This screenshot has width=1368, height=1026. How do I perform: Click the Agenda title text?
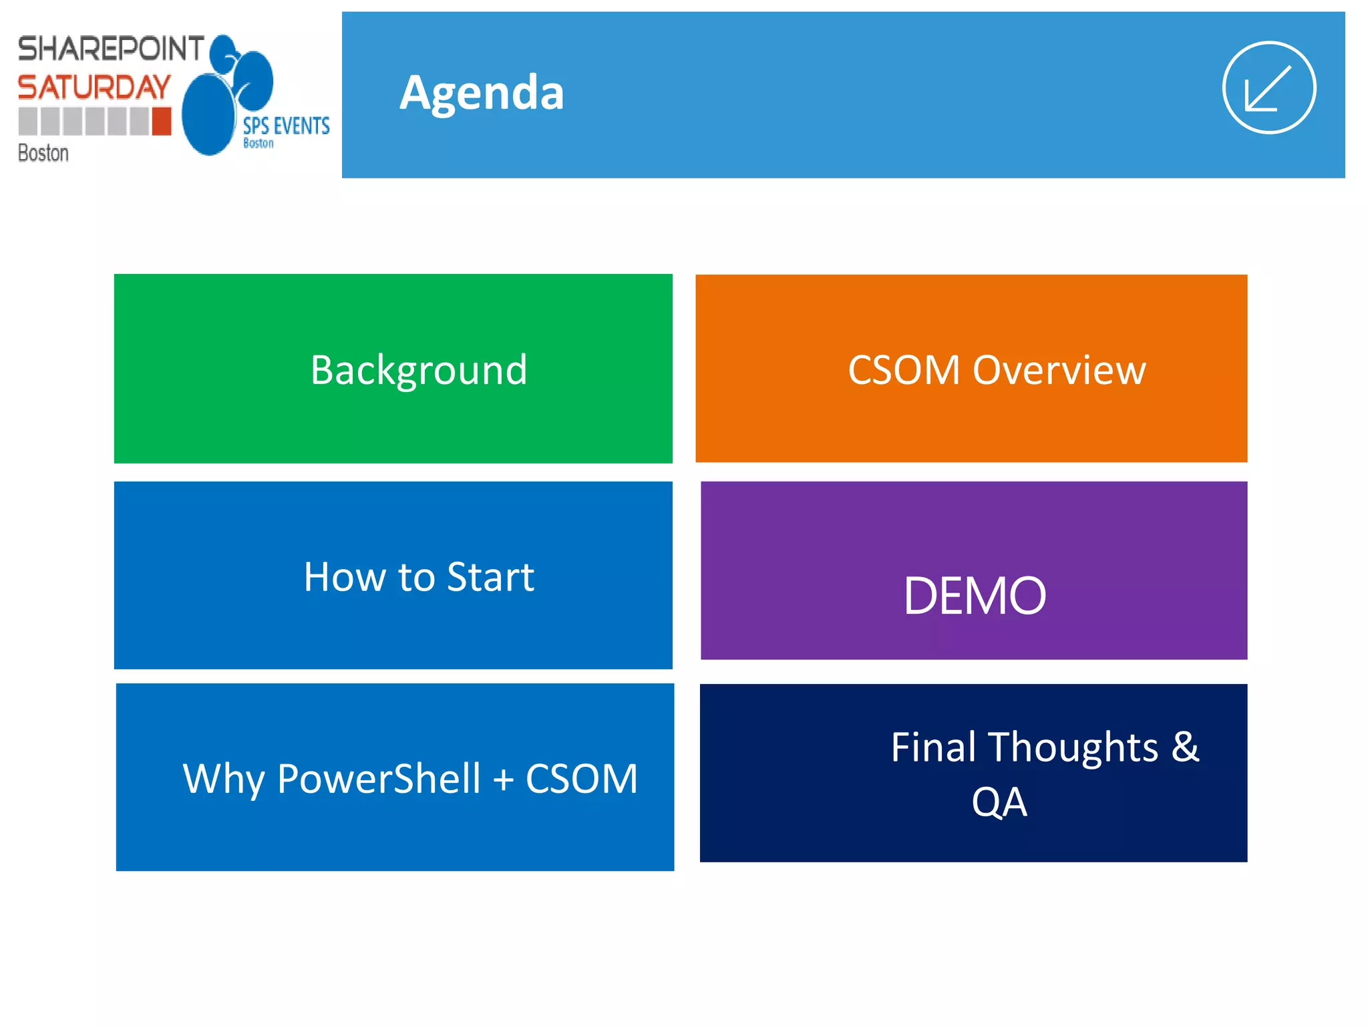pos(482,93)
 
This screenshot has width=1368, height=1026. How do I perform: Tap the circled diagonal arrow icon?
pos(1268,88)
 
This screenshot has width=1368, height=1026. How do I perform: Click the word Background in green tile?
pos(419,370)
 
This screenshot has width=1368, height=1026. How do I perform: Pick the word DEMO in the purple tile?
pos(974,596)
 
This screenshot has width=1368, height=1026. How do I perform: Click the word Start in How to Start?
pos(490,577)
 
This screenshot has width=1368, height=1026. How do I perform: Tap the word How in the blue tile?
pos(345,577)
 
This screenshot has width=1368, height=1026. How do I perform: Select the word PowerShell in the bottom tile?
pos(378,779)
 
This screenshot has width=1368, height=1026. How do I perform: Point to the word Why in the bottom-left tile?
pos(223,779)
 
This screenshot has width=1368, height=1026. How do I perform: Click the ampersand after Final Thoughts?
pos(1185,747)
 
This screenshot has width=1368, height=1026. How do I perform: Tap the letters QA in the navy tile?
pos(999,802)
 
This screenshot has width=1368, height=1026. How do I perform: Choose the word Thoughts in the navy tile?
pos(1073,747)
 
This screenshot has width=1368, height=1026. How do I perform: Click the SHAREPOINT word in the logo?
pos(110,49)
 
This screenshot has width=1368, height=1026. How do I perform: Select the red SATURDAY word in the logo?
pos(94,88)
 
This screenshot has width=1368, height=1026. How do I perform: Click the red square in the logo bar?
pos(162,122)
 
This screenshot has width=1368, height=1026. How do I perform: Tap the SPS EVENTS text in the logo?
pos(286,126)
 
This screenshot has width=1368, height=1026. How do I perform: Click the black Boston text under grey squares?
pos(43,153)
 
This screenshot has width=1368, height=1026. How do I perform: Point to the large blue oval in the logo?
pos(208,115)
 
